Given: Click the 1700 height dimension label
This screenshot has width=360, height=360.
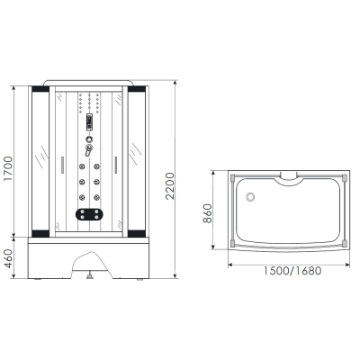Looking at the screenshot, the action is pos(8,168).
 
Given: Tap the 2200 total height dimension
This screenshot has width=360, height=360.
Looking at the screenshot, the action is pos(169,185).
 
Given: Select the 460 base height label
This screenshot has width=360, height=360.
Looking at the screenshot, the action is pos(9,258).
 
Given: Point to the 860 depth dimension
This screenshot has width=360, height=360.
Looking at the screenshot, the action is pos(207,213).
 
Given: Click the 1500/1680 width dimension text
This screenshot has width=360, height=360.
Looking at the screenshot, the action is pos(292,271).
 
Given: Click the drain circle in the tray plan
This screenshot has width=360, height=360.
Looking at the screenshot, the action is pos(250,197).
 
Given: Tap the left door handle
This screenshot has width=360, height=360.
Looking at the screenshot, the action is pos(62,165).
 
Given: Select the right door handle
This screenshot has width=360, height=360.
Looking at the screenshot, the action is pos(115,165).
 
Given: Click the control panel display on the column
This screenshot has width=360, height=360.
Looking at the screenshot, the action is pos(89,122).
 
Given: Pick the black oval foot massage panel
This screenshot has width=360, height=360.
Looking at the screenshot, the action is pos(89,214).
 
